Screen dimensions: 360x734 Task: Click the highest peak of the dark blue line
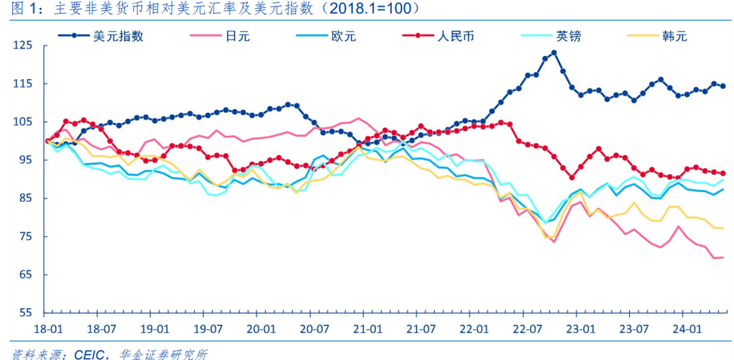pos(554,52)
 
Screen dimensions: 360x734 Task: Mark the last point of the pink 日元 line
pos(722,257)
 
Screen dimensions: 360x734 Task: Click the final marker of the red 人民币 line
pos(722,173)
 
